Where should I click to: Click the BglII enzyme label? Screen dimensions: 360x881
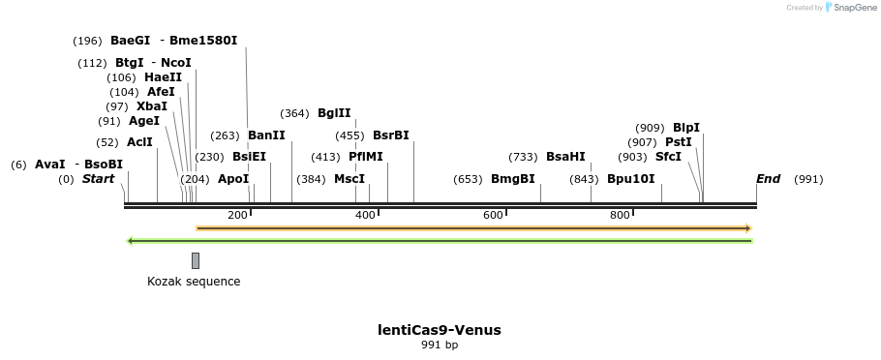[334, 113]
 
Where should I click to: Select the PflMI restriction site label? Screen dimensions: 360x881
[365, 157]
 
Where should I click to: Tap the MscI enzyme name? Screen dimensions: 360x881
[349, 179]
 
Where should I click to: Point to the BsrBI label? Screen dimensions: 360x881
[391, 135]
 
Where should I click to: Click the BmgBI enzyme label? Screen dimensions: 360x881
[512, 179]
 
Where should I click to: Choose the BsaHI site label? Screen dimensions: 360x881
[565, 157]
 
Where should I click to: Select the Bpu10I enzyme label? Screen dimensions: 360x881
[630, 179]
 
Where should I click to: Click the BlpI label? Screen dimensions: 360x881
[686, 128]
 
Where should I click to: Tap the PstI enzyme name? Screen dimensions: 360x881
[678, 142]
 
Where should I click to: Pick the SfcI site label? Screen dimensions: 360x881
[668, 157]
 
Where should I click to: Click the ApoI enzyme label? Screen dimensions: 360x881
[233, 179]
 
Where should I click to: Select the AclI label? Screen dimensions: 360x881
[139, 142]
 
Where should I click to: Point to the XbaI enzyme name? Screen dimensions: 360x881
[151, 106]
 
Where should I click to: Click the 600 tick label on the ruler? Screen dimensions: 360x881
[493, 215]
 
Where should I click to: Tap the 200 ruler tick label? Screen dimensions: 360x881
[237, 215]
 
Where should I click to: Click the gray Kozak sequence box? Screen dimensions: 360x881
[196, 260]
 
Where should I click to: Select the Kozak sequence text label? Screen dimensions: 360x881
[194, 282]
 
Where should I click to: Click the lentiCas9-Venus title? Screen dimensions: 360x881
[439, 330]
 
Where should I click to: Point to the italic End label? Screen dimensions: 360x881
[768, 179]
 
